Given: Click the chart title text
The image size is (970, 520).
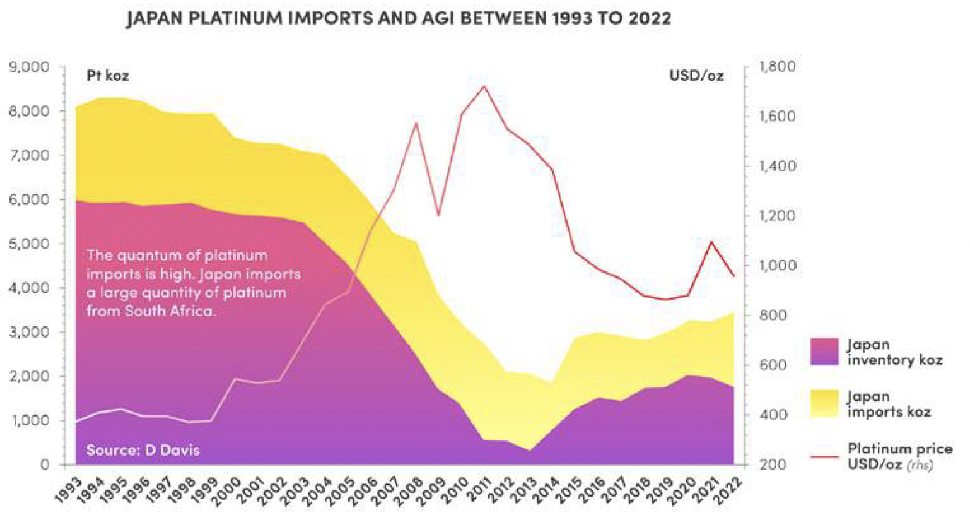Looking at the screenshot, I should [399, 18].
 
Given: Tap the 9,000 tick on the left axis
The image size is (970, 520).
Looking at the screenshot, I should [28, 67].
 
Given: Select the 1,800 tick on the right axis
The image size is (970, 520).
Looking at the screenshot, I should [778, 67].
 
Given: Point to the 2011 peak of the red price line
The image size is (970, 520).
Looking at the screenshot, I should [484, 86].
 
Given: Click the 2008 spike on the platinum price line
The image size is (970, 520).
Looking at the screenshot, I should [416, 123].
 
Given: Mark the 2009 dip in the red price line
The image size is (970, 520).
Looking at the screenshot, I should [438, 215].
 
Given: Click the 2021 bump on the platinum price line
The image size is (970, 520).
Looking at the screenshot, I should [711, 242].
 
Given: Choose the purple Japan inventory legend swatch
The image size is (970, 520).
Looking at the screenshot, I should [824, 352].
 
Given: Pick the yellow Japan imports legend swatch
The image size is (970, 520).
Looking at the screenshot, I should [824, 403].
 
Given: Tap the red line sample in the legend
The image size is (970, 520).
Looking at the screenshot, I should [824, 456].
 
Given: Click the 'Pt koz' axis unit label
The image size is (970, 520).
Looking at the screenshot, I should [108, 76].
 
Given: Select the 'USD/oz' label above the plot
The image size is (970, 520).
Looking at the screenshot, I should [696, 76].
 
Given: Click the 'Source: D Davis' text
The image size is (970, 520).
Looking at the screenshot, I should [143, 450].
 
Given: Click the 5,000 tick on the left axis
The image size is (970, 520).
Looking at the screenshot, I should [28, 244].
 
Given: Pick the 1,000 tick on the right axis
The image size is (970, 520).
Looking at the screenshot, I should [778, 266].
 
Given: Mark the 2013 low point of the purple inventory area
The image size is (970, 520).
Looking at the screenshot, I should [530, 451].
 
